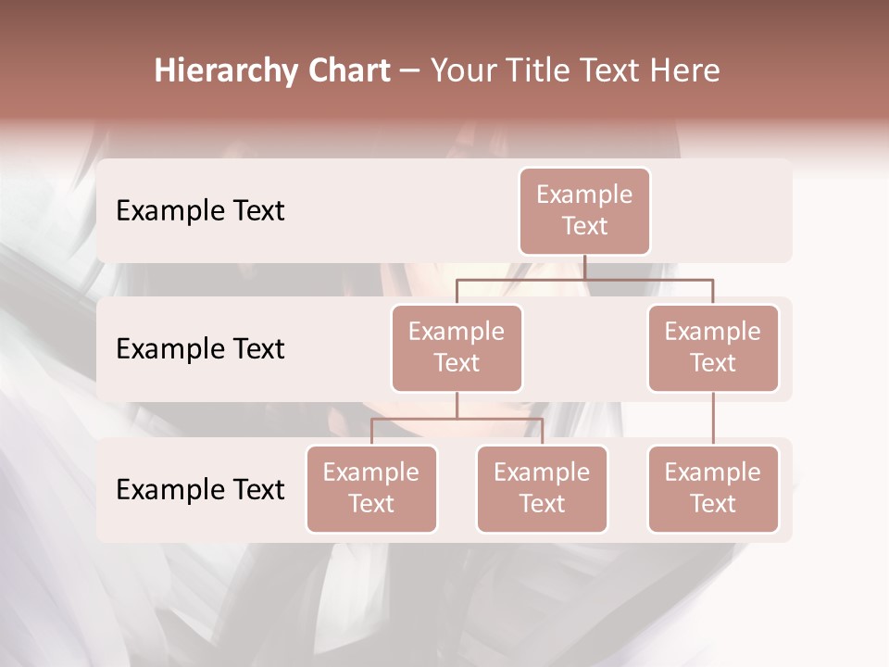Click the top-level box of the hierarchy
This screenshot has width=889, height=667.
tap(584, 211)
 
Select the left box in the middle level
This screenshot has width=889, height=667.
tap(457, 348)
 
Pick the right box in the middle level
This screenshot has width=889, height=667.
tap(713, 348)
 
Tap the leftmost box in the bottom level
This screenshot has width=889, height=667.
tap(371, 489)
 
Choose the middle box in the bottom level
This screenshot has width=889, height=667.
tap(542, 489)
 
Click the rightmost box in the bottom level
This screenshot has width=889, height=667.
tap(713, 489)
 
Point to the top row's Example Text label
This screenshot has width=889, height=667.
tap(200, 211)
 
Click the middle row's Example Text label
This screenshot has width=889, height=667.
tap(200, 349)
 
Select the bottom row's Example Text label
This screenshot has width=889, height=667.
tap(200, 490)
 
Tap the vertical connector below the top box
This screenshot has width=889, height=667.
tap(584, 267)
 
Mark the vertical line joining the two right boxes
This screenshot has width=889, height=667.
tap(713, 419)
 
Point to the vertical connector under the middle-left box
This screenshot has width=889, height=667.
tap(457, 406)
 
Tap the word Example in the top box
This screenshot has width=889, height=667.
tap(584, 195)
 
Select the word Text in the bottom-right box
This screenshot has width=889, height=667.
tap(713, 504)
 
